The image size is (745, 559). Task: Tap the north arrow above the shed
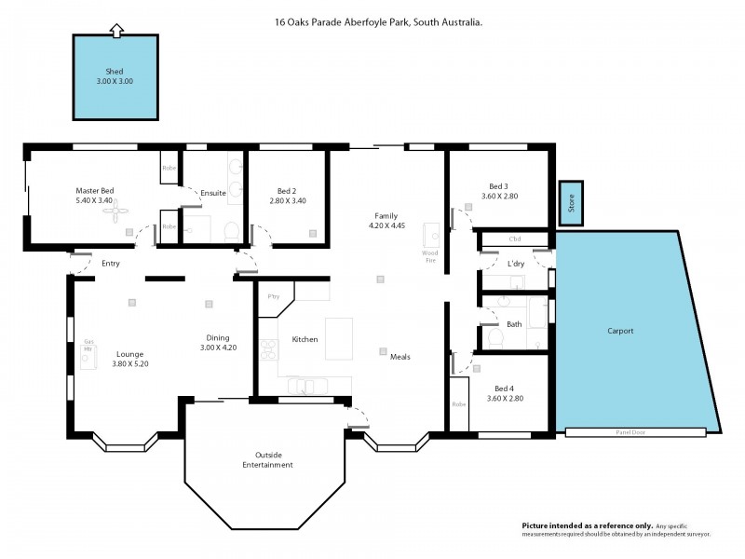point(116,32)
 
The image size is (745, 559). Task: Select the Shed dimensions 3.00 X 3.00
point(116,81)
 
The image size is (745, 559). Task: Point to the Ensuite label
point(213,193)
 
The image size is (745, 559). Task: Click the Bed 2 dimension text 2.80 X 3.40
point(287,200)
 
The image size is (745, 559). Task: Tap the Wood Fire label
point(430,256)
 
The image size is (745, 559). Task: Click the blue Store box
point(570,203)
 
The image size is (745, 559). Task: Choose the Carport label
point(620,331)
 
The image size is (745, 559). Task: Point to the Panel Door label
point(630,432)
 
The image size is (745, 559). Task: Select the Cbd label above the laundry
point(515,239)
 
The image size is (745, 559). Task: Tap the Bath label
point(514,324)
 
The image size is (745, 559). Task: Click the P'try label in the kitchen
point(274,296)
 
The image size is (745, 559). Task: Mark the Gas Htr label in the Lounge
point(89,345)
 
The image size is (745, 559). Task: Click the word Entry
point(111,264)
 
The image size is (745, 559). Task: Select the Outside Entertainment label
point(267,459)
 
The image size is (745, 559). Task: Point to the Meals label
point(400,357)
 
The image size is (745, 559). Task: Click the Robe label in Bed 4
point(458,404)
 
